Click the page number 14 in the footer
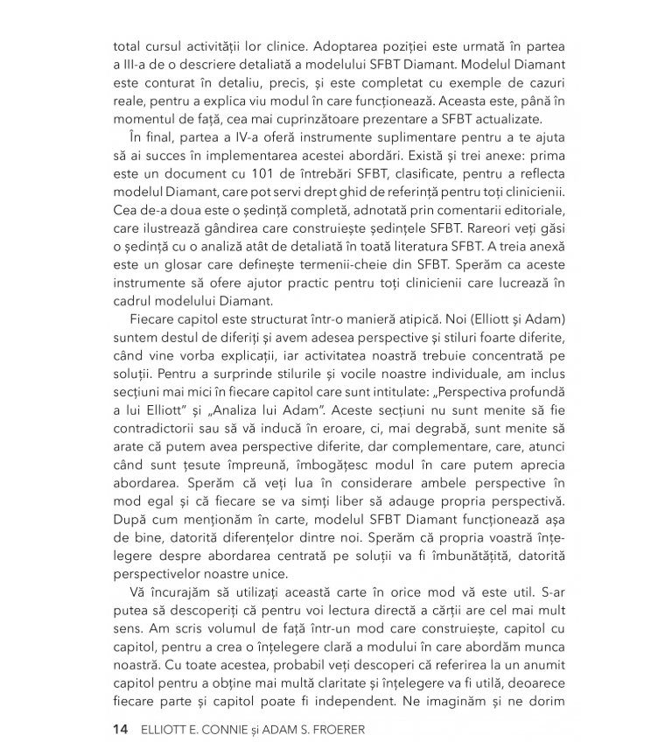click(x=120, y=729)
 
